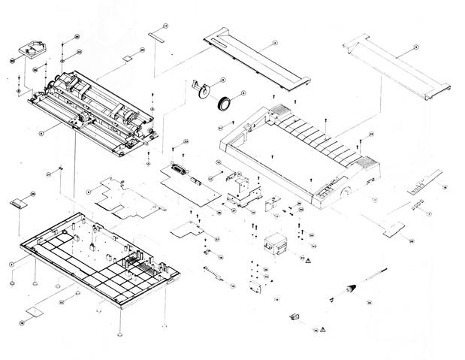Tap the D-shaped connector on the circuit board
tap(178, 170)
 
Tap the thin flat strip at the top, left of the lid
tap(156, 35)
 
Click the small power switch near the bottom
tap(294, 318)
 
